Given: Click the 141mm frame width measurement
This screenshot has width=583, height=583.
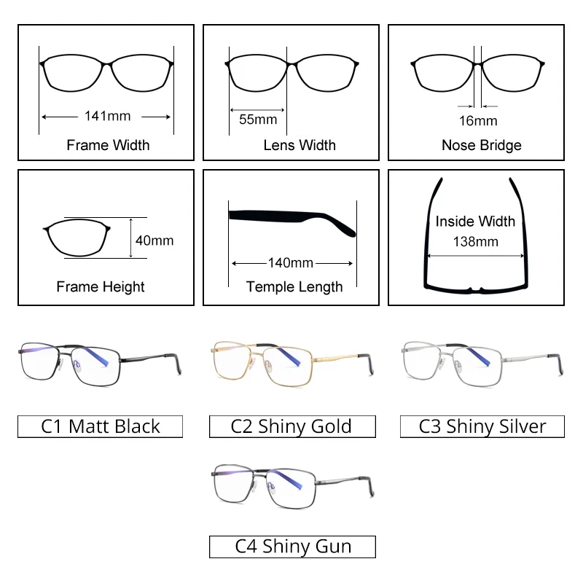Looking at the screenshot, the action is coord(107,116).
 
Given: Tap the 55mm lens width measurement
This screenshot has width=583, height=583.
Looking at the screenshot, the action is coord(258,120).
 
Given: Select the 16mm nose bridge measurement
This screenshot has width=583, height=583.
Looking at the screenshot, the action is coord(478,120).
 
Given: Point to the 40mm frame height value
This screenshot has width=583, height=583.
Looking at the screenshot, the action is coord(154,240).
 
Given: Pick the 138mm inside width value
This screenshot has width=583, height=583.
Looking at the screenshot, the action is coord(475,241).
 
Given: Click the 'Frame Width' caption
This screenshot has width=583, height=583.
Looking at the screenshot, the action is coord(108,145).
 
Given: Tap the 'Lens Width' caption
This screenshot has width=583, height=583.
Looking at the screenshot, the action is coord(300,145).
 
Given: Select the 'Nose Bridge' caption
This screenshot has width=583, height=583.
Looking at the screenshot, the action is coord(482,145).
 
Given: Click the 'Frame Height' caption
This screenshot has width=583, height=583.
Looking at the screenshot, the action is coord(101,286).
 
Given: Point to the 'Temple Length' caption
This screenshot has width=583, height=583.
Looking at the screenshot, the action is coord(294,286).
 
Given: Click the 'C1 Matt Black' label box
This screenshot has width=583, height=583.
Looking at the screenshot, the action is coord(101,426).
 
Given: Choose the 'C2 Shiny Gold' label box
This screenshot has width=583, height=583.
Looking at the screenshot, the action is coord(291,426).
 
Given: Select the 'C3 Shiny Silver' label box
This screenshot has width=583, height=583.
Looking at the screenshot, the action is coord(482,426).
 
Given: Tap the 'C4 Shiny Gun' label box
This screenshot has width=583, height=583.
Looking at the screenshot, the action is coord(293,546).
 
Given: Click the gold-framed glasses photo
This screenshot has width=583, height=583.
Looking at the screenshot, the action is coord(290,361).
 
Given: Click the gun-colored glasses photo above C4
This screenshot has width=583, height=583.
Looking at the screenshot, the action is coord(291,485).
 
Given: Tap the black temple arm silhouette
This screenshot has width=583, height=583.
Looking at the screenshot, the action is coord(291,219).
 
